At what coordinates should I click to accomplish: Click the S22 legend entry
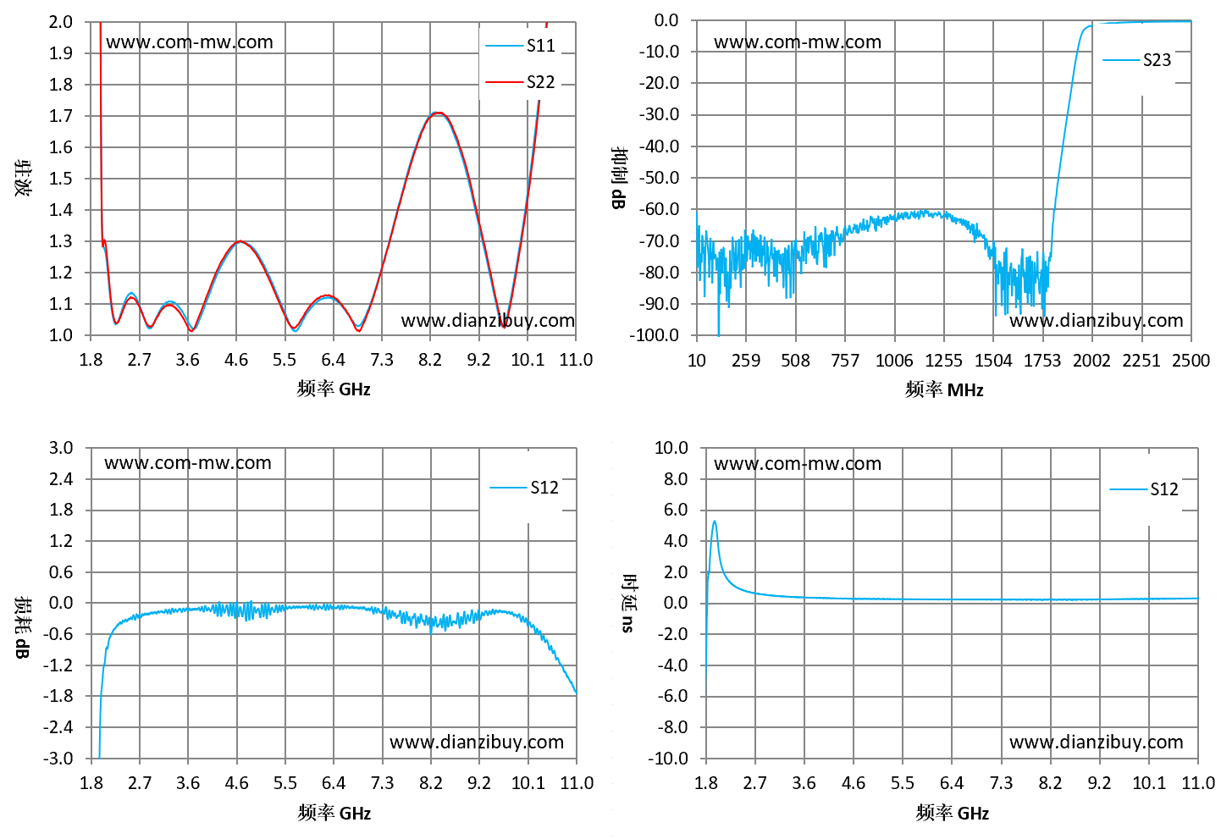tap(520, 82)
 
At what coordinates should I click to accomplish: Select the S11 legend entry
tap(520, 45)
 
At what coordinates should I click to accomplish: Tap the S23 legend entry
tap(1136, 59)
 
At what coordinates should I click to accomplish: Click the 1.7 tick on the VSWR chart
tap(60, 116)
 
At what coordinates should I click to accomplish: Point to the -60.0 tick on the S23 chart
tap(660, 209)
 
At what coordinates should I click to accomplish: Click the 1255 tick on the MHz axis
tap(943, 361)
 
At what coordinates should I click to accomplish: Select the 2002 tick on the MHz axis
tap(1091, 361)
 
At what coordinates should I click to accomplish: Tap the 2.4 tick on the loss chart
tap(60, 479)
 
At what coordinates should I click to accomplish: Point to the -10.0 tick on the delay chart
tap(668, 759)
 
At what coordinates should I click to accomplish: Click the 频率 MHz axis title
tap(944, 389)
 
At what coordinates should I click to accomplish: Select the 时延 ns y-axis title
tap(628, 604)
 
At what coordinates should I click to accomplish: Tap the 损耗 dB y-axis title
tap(22, 627)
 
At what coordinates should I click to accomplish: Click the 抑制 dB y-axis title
tap(619, 178)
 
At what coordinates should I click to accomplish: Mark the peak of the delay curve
tap(714, 522)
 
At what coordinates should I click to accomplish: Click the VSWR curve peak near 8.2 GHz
tap(439, 113)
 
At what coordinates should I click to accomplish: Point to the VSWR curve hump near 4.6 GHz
tap(240, 241)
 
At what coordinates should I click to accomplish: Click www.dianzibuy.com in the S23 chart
tap(1097, 321)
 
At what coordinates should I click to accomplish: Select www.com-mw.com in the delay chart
tap(798, 463)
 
